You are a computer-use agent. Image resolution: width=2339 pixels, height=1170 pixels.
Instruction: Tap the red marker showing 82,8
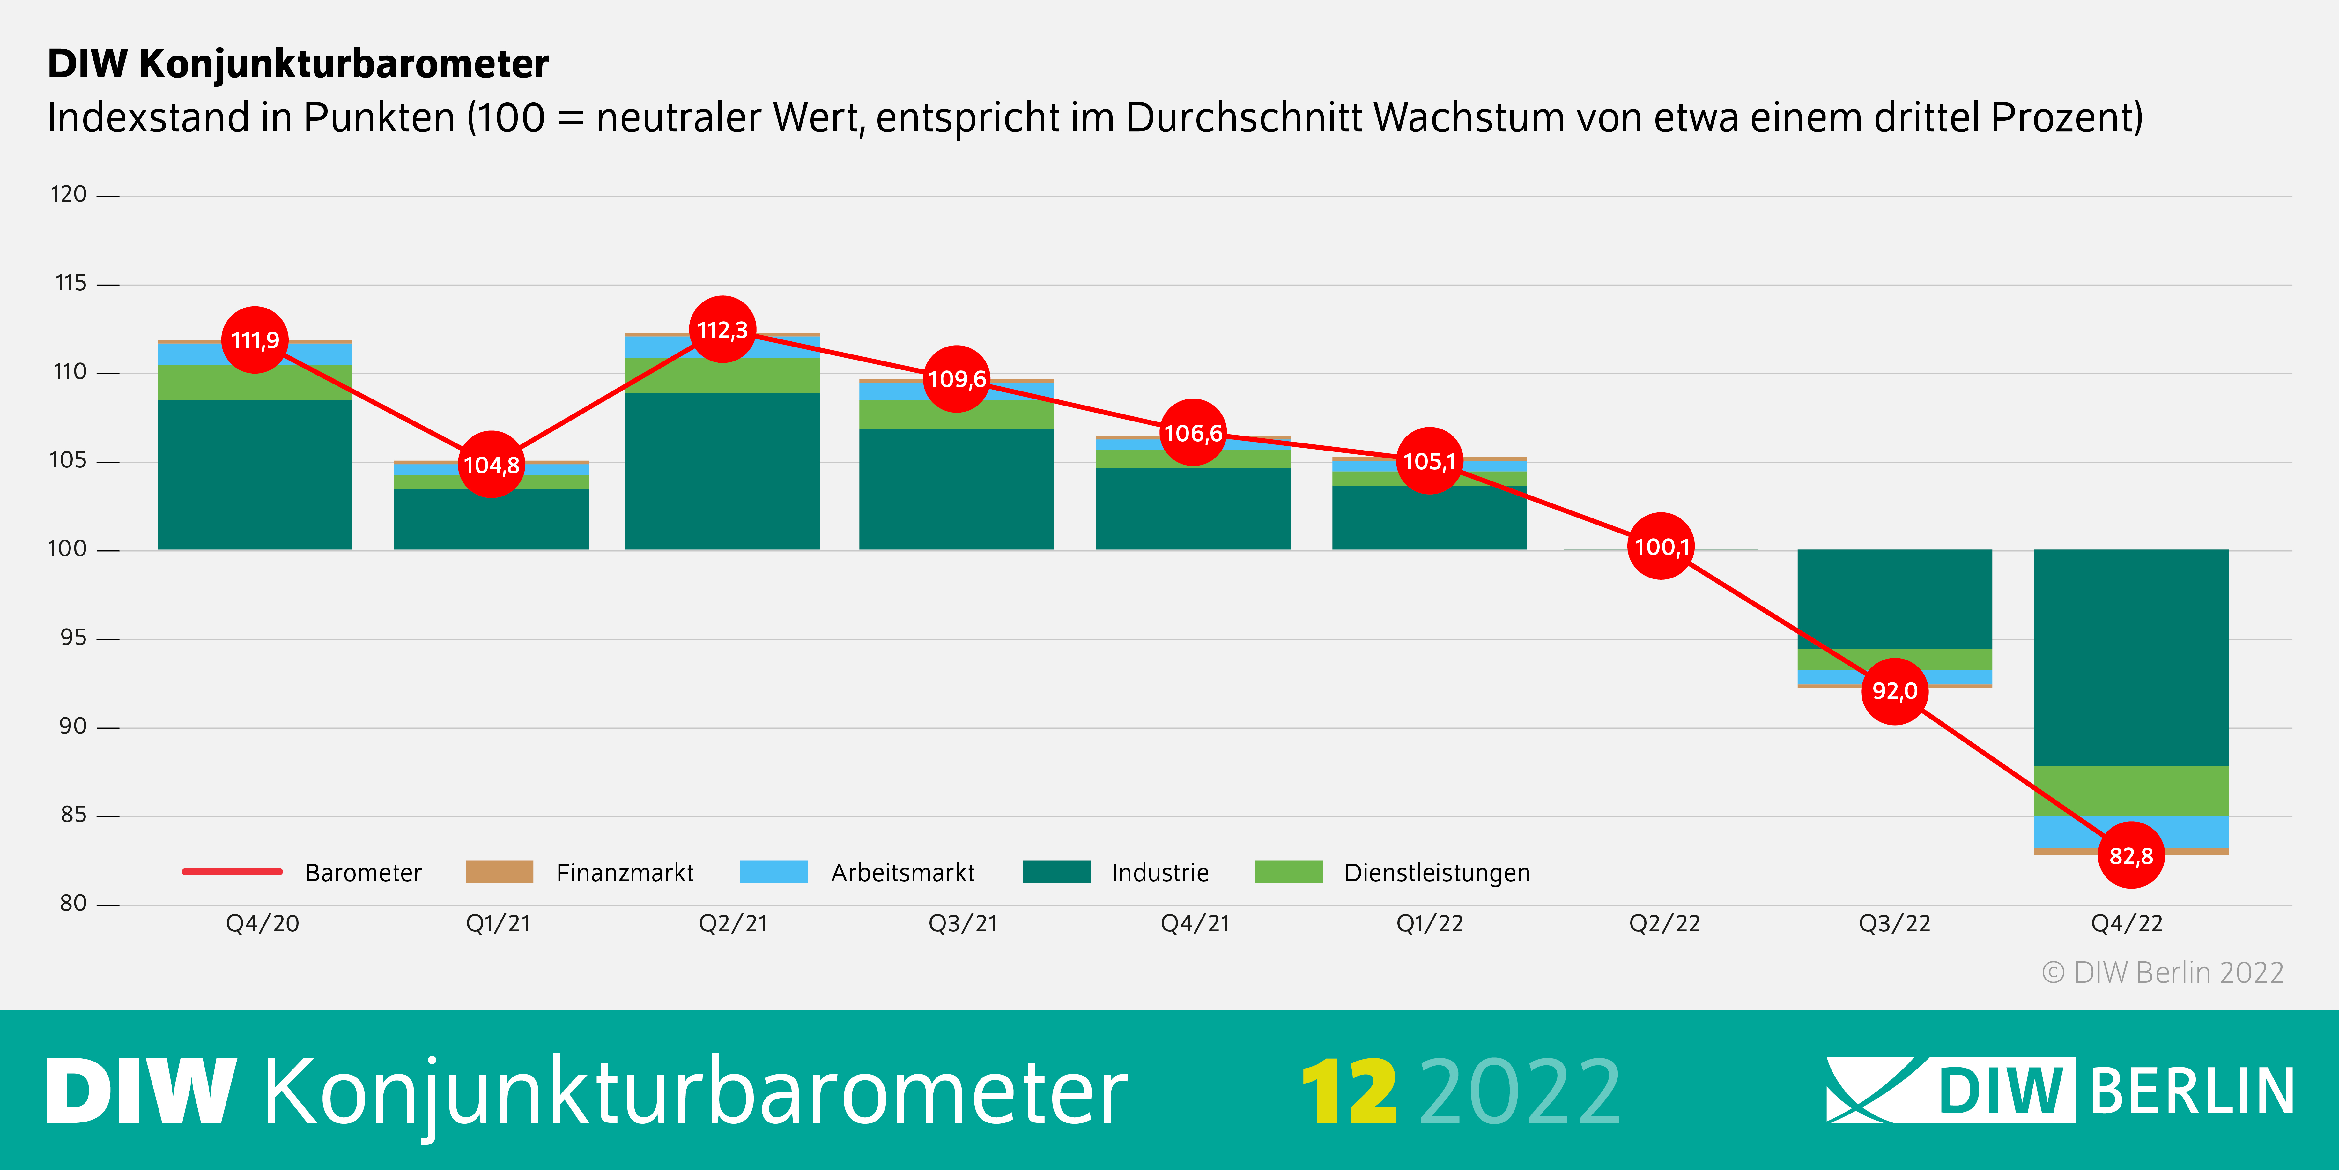point(2130,856)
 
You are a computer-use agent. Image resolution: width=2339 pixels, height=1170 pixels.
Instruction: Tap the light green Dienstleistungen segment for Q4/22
point(2130,790)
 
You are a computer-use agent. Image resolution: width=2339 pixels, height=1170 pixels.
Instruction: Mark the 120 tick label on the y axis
point(68,194)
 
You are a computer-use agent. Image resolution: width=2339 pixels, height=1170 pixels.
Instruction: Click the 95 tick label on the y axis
point(73,638)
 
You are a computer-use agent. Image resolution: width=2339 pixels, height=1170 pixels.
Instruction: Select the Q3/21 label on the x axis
point(962,924)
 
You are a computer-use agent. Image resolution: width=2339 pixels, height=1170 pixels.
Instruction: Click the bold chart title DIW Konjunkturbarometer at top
point(298,63)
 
